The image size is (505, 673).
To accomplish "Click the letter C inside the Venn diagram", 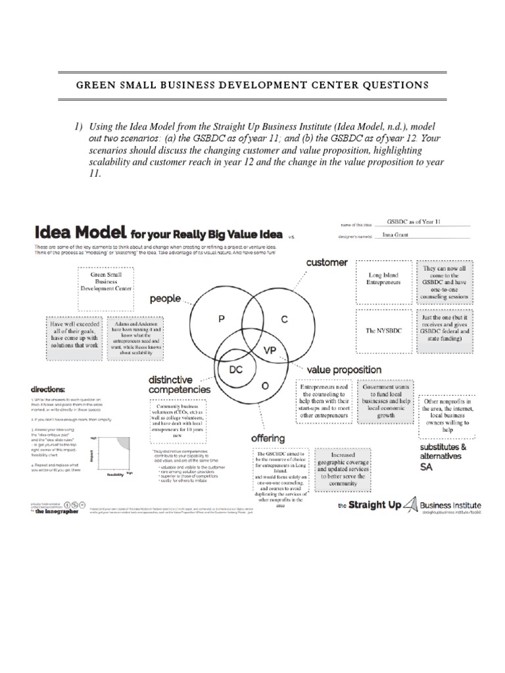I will (285, 319).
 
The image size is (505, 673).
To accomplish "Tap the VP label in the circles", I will (270, 350).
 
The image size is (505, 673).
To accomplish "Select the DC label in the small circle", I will (235, 369).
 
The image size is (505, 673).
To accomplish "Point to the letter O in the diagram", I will (264, 386).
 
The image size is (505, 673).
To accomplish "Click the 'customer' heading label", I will (326, 262).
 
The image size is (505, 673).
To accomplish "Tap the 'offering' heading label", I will (267, 438).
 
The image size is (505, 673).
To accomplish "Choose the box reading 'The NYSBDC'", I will (384, 331).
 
